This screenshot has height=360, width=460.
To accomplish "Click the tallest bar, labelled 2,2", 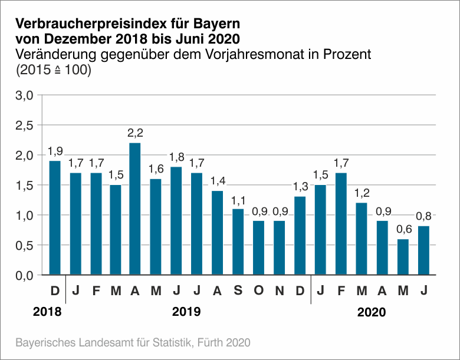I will click(135, 209).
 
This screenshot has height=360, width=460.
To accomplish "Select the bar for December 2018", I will click(55, 217).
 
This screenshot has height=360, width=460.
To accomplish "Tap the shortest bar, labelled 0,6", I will click(403, 256).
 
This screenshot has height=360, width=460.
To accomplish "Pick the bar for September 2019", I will click(238, 242).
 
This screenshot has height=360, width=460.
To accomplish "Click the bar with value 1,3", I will click(300, 236).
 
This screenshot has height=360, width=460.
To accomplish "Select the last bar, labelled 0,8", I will click(423, 250).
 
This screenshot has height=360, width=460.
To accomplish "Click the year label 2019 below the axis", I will click(186, 312).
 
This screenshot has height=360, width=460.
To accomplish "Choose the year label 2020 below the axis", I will click(372, 312).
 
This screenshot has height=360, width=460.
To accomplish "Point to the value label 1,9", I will click(55, 151).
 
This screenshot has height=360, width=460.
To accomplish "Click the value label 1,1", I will click(238, 199).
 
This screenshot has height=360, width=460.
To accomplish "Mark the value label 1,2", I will click(362, 193).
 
